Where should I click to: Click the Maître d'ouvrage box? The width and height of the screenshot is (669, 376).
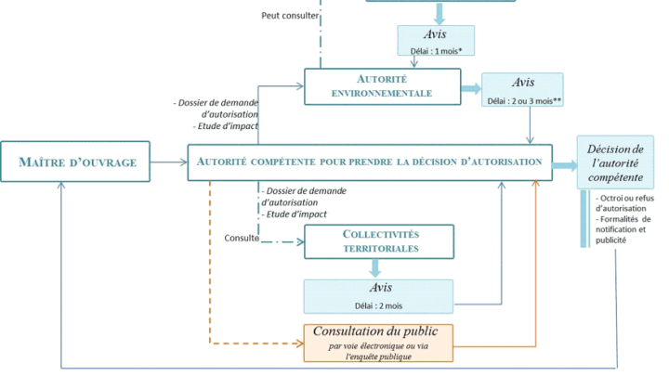77,163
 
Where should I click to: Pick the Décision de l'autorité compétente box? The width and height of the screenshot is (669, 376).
614,162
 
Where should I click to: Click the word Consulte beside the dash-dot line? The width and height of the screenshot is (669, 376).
242,239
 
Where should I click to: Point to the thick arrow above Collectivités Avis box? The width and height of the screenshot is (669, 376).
376,267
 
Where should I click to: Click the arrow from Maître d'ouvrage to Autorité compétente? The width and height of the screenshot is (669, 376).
169,163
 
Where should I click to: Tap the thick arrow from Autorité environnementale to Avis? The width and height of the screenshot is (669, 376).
471,88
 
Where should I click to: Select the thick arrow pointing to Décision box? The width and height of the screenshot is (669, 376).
563,164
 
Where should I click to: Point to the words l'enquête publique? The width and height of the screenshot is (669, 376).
376,356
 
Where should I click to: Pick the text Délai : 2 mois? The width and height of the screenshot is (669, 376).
376,304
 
